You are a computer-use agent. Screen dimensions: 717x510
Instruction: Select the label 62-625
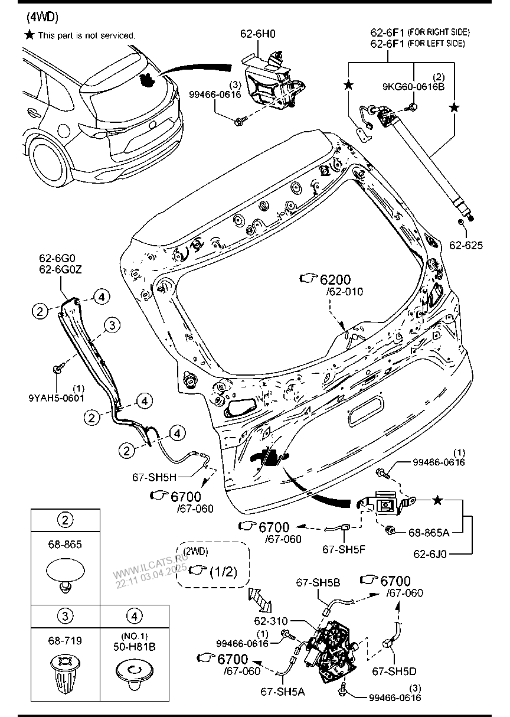(466, 244)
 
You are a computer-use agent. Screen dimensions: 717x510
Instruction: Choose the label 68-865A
(429, 532)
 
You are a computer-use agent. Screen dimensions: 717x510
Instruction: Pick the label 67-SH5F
(344, 549)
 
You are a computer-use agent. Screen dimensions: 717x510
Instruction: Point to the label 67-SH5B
(318, 583)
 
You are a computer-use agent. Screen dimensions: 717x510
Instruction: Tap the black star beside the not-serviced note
(29, 35)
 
